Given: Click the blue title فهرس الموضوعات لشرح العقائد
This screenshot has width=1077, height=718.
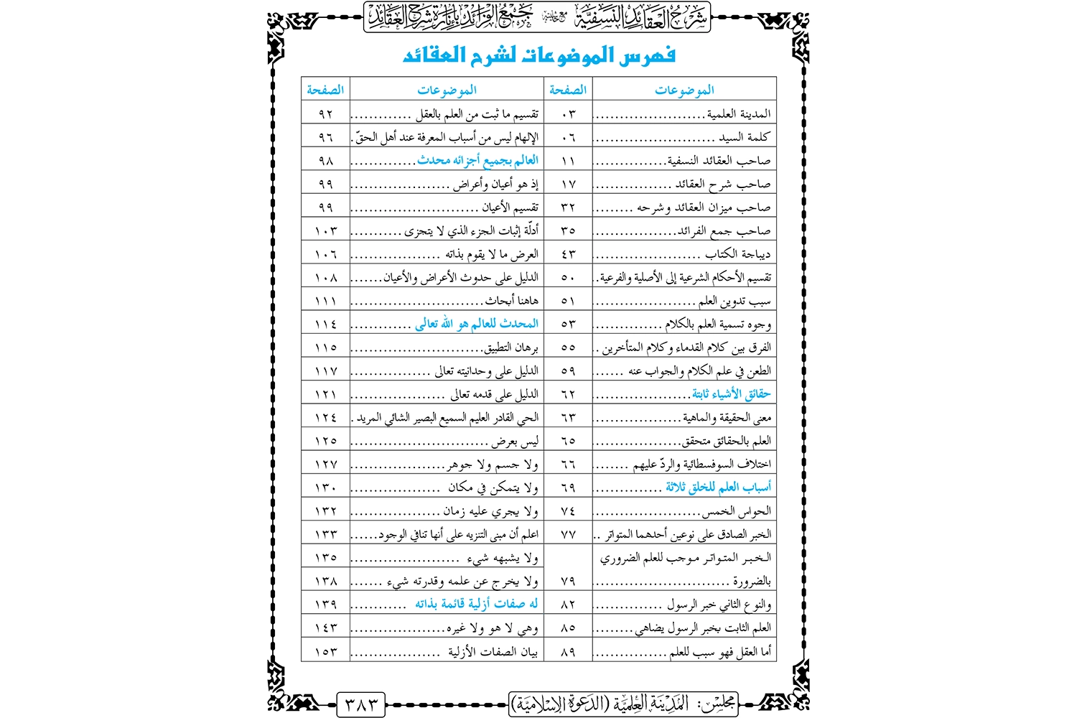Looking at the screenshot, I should click(x=538, y=55).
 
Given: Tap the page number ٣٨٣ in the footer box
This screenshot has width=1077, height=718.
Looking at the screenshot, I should click(x=360, y=704).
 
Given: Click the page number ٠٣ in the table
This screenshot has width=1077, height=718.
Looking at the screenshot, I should click(x=568, y=114).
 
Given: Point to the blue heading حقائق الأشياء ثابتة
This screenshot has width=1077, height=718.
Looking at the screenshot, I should click(x=731, y=393).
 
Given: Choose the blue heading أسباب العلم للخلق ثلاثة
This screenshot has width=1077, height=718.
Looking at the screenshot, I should click(x=718, y=488).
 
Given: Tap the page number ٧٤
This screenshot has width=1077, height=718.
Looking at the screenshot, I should click(x=568, y=510).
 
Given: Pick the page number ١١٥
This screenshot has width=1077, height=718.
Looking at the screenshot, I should click(x=325, y=348).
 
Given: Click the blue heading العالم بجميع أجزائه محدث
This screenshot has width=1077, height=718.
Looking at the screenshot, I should click(x=477, y=160).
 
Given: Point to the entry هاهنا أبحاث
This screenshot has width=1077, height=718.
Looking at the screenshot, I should click(x=511, y=301).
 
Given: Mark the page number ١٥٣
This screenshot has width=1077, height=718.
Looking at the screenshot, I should click(x=325, y=651).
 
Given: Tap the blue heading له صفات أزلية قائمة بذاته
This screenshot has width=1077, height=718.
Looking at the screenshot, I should click(x=476, y=604).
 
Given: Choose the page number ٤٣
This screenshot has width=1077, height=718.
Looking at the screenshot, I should click(x=568, y=254).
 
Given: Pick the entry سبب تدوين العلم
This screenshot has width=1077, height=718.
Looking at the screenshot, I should click(x=735, y=301).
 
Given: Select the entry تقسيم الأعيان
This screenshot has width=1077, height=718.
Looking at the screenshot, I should click(x=510, y=208).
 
